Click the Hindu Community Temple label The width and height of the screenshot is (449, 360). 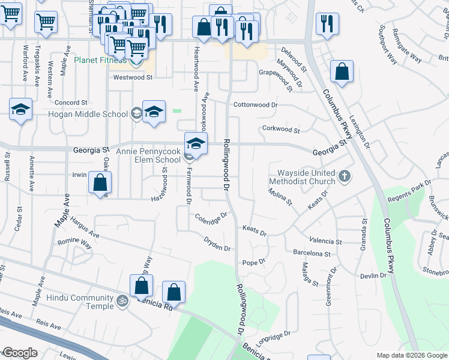click(83, 302)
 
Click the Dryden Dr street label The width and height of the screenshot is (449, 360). click(217, 247)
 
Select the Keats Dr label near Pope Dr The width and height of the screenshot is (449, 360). click(254, 229)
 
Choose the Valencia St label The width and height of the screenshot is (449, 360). click(325, 241)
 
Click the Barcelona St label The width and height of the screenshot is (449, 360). click(312, 254)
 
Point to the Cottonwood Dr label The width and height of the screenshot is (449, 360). click(256, 104)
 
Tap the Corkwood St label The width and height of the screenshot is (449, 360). click(281, 129)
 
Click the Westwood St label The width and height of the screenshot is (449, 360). click(133, 77)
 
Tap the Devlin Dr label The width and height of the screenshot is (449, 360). click(374, 275)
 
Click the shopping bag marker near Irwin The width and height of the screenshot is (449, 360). click(100, 182)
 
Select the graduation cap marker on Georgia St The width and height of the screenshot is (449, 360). click(195, 143)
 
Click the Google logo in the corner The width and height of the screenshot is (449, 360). click(19, 353)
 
